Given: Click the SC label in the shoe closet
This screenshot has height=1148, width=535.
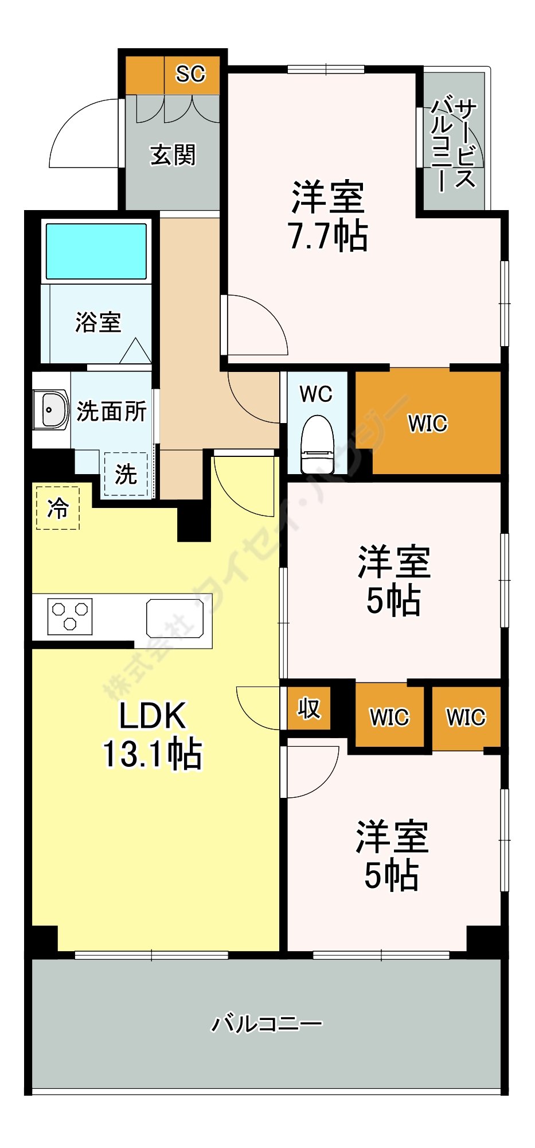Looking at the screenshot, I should click(x=190, y=74).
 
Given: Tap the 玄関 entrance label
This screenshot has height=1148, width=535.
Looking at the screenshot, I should click(x=173, y=155).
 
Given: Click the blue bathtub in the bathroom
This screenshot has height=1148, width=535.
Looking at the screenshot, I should click(x=96, y=251).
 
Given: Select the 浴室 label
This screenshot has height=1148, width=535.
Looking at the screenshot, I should click(x=98, y=322).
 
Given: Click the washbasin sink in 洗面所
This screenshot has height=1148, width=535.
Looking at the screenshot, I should click(x=50, y=409).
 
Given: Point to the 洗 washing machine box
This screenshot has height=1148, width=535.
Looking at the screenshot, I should click(x=126, y=475).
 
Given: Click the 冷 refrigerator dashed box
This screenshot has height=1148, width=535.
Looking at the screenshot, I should click(x=57, y=507).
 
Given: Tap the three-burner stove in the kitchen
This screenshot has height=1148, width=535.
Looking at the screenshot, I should click(x=69, y=616).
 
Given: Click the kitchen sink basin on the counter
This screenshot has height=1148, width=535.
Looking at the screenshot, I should click(x=175, y=618).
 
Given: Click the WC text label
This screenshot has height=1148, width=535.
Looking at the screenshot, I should click(x=316, y=394).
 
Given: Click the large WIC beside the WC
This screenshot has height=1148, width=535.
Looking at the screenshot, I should click(x=428, y=424).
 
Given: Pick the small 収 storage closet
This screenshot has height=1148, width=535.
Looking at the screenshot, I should click(x=308, y=709).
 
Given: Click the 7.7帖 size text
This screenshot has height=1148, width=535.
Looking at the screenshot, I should click(x=328, y=236).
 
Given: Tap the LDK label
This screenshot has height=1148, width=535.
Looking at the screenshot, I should click(x=153, y=716).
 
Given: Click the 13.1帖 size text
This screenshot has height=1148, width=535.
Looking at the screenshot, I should click(x=153, y=754).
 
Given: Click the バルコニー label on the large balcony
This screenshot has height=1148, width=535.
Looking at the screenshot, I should click(x=267, y=1023).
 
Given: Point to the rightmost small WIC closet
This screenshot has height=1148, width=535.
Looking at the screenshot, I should click(x=466, y=717).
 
